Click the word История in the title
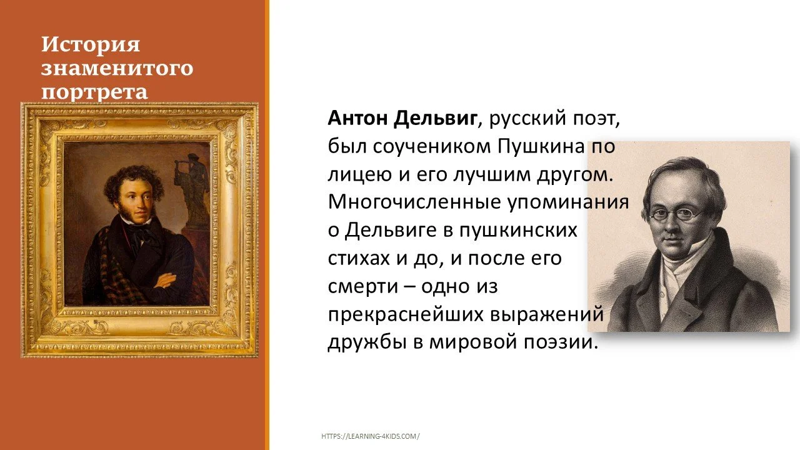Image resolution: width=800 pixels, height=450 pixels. [91, 45]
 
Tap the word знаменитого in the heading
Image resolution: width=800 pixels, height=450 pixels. [117, 68]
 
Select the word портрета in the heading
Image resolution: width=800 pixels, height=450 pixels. [94, 92]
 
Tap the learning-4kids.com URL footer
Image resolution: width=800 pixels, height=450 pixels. [371, 436]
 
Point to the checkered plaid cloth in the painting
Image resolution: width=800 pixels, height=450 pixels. [116, 275]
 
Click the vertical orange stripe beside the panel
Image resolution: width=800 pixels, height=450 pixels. [267, 225]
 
